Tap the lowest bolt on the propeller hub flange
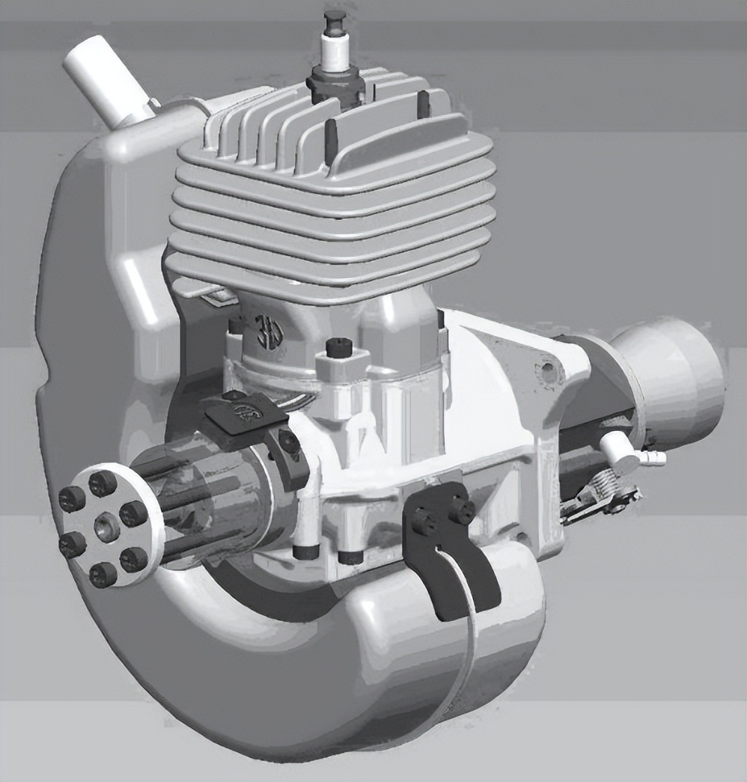[x=103, y=574]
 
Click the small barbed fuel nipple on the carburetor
[x=655, y=457]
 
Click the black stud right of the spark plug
[x=423, y=103]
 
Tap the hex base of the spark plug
[x=333, y=79]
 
